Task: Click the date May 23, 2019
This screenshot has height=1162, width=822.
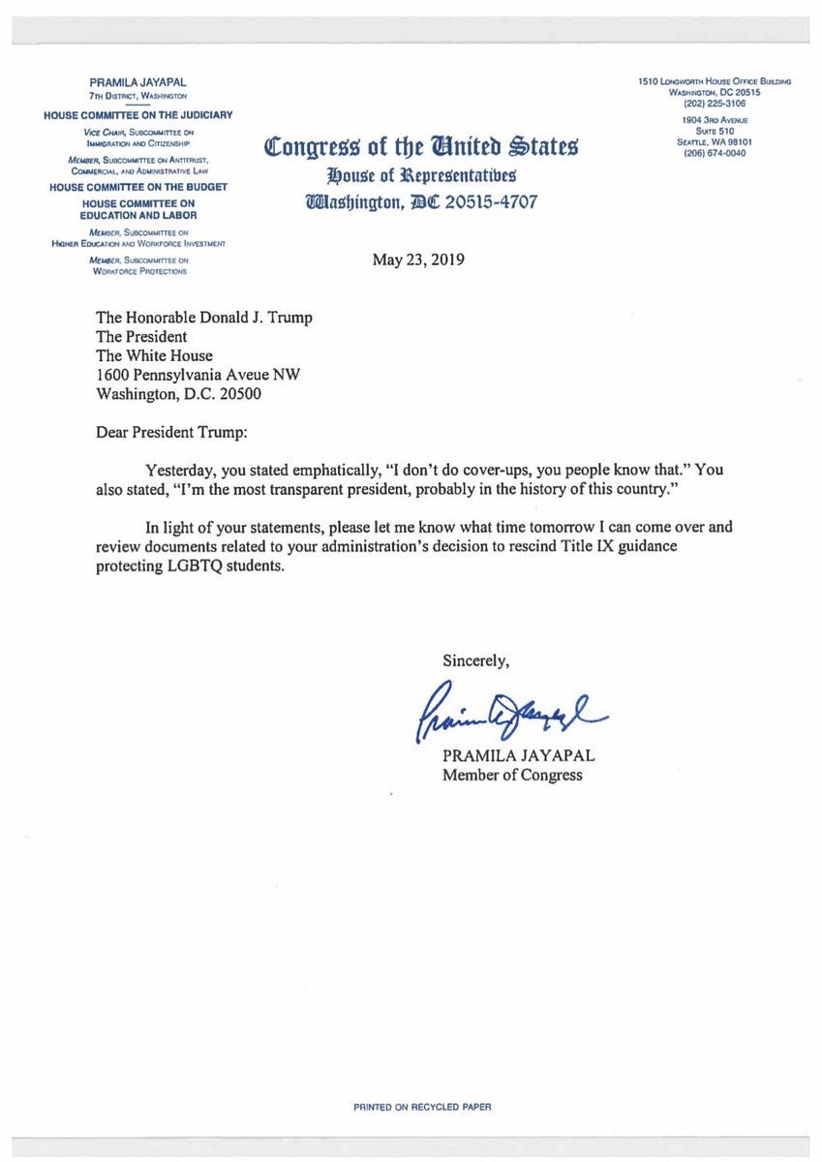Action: (419, 260)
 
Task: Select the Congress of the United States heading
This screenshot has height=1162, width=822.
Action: (421, 148)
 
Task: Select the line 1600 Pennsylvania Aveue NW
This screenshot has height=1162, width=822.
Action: (202, 375)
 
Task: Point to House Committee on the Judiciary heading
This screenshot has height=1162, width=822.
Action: (138, 115)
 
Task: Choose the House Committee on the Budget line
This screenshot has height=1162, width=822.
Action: (138, 186)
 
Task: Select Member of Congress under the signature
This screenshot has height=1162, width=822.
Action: (513, 775)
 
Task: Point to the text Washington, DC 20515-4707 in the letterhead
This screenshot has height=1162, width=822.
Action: (421, 202)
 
